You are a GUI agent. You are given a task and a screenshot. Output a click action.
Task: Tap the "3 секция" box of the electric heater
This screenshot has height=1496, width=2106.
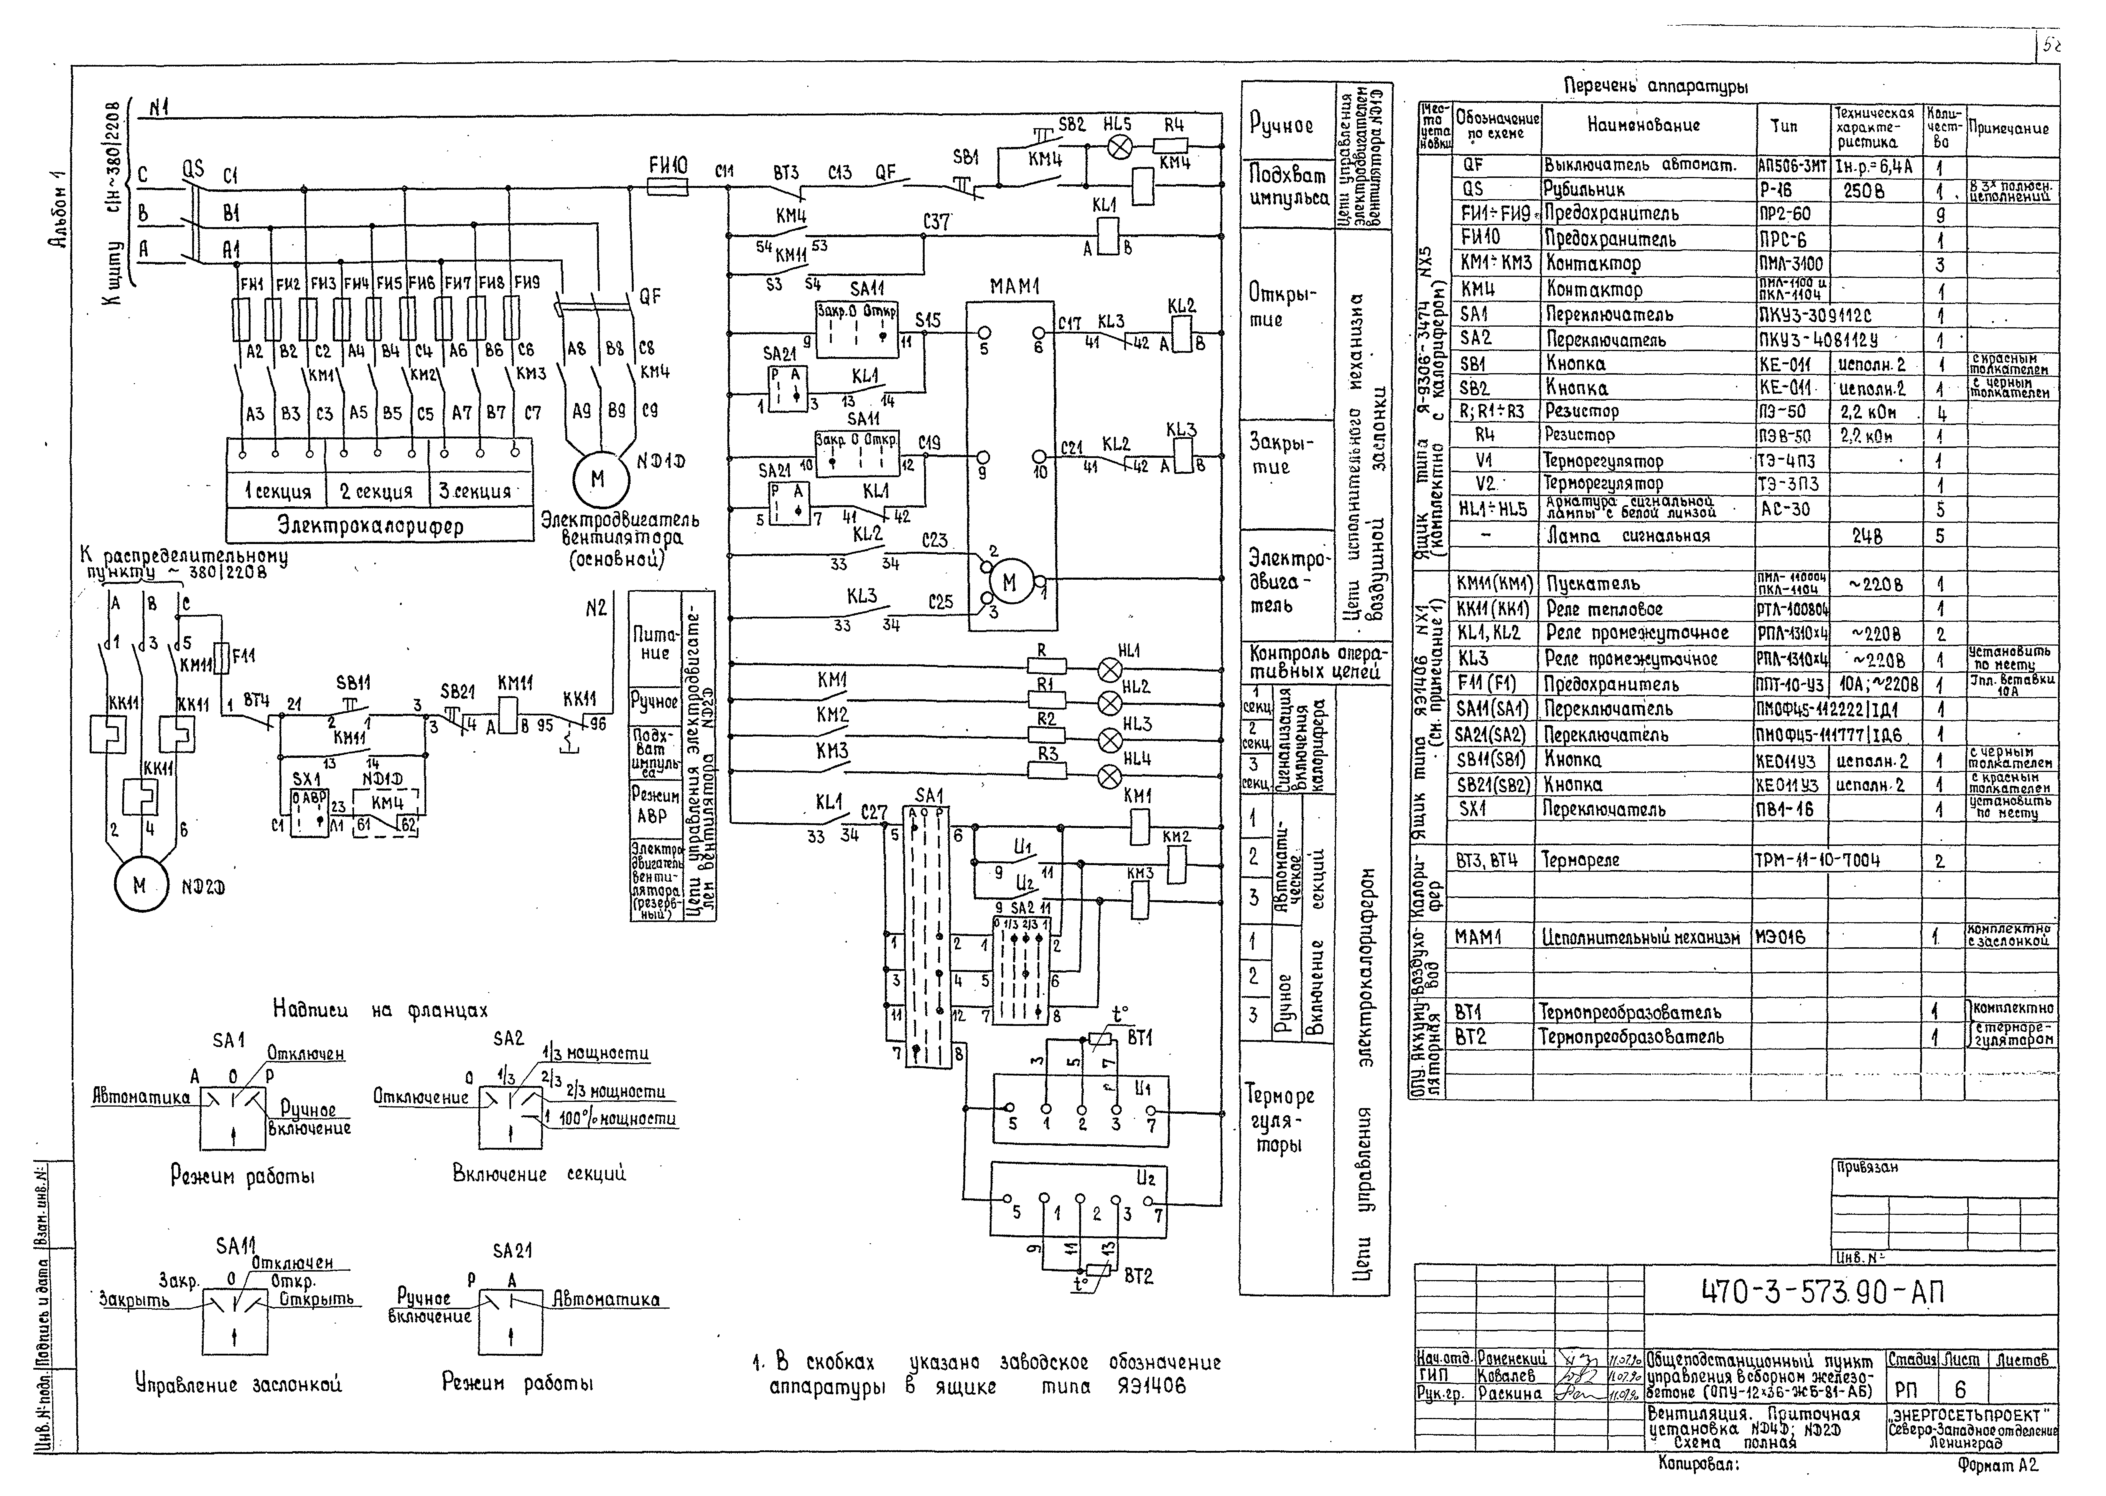point(475,491)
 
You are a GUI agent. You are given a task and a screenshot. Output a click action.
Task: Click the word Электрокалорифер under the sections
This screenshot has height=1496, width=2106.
point(371,526)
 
